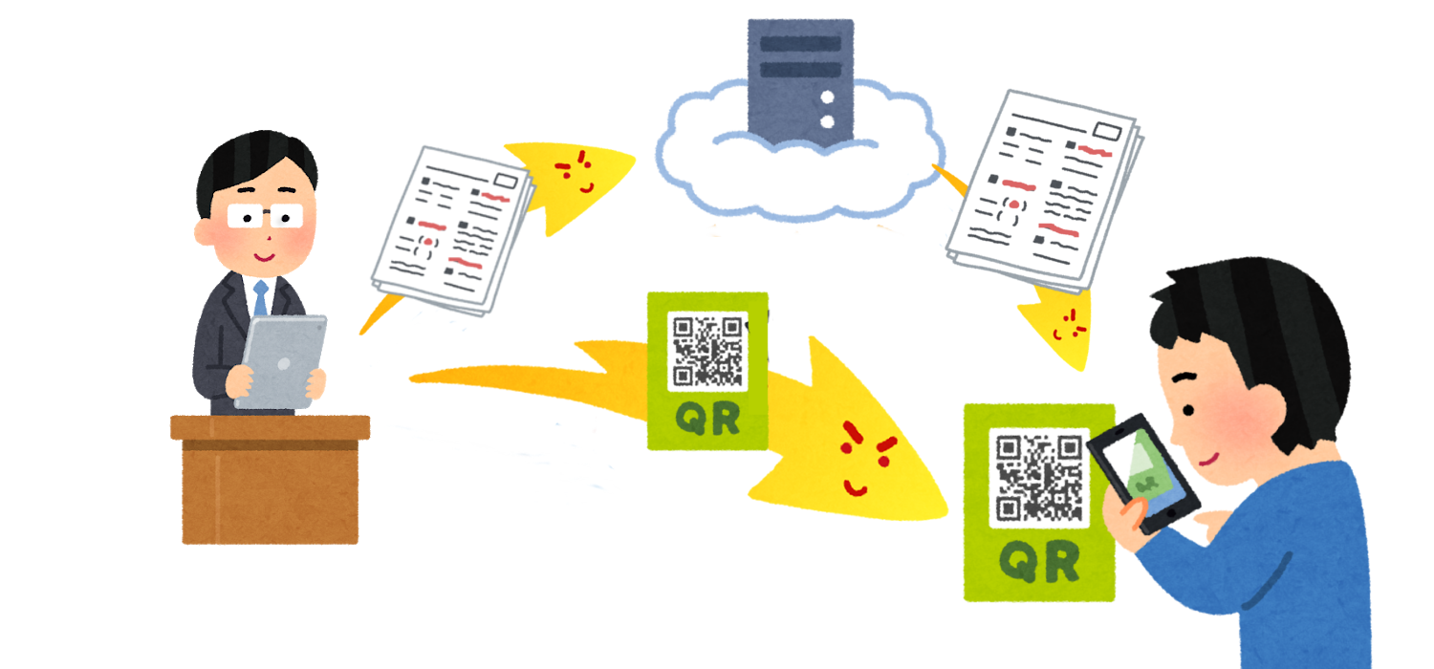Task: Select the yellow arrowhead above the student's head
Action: (x=1061, y=330)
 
